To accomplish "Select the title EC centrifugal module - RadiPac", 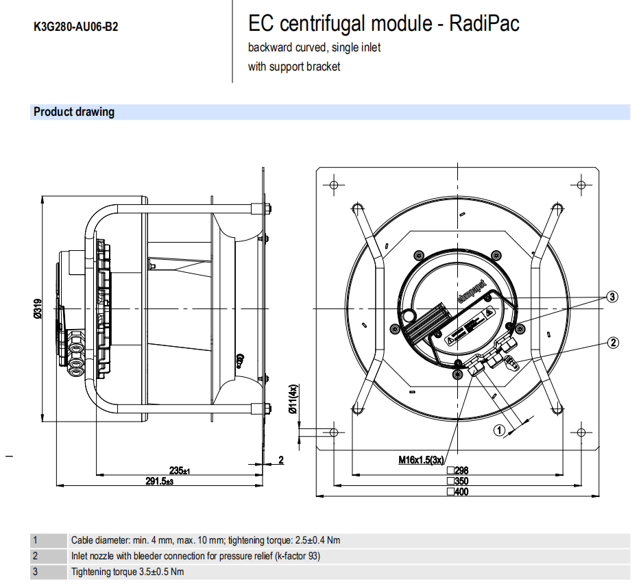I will click(x=383, y=24).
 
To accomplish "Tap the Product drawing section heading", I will click(x=74, y=112).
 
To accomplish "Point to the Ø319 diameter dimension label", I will click(x=38, y=312).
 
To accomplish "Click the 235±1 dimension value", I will click(x=179, y=470).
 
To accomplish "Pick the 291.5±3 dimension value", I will click(x=159, y=482).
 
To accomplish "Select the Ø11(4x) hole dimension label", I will click(x=292, y=400).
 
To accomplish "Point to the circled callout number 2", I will click(x=613, y=342).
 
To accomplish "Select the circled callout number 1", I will click(x=499, y=430).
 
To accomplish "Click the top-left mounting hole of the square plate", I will click(x=334, y=185).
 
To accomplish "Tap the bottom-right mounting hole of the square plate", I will click(x=581, y=432).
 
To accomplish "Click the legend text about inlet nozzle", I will click(x=195, y=556).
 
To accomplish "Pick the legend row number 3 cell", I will click(x=35, y=572).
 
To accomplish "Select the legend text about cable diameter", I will click(x=206, y=540).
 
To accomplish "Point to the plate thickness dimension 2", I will click(x=280, y=459).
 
